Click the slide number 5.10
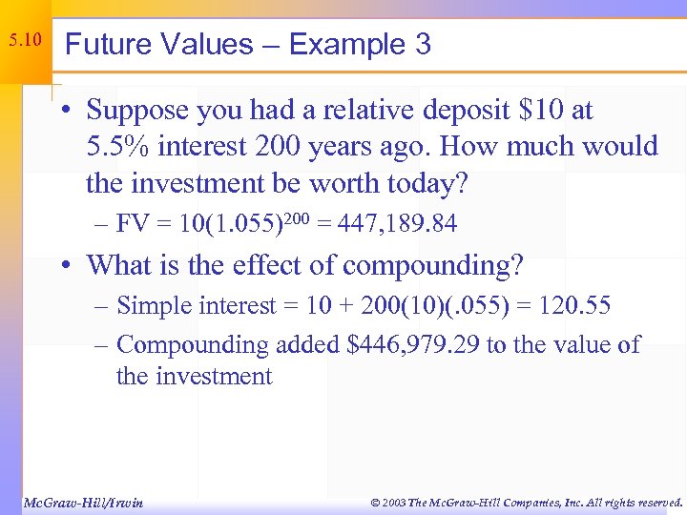[x=25, y=41]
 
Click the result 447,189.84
[x=395, y=224]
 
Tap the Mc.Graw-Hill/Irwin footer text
[x=82, y=502]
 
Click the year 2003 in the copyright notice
[x=393, y=502]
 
